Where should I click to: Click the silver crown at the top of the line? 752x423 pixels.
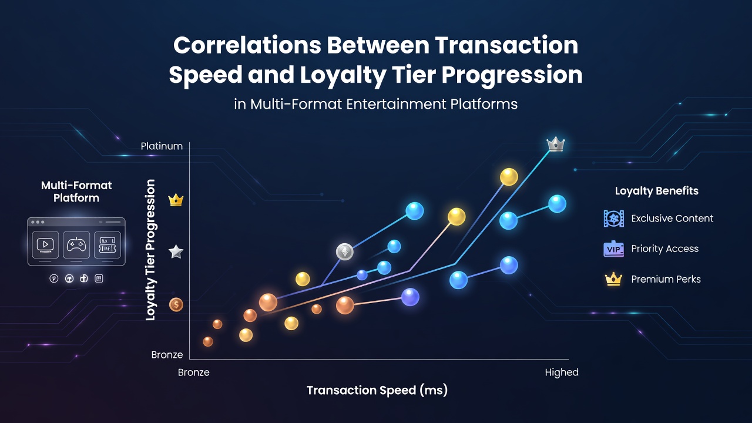[x=556, y=144]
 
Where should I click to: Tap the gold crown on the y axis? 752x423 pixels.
[x=176, y=200]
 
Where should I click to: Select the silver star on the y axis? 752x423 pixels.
[x=176, y=252]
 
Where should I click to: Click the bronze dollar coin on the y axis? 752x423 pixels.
[x=176, y=305]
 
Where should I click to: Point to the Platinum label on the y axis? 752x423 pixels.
[x=162, y=146]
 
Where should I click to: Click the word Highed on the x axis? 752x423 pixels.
[x=562, y=372]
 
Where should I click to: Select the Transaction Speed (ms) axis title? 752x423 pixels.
[x=377, y=390]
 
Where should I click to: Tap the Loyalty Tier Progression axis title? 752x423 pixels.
[x=150, y=250]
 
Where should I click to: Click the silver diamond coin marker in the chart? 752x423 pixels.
[x=345, y=252]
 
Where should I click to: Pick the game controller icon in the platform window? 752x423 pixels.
[x=76, y=245]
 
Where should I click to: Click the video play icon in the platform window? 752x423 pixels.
[x=45, y=245]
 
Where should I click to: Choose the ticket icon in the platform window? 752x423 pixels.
[x=108, y=245]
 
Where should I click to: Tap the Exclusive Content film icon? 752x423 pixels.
[x=614, y=219]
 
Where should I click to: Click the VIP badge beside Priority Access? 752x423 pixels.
[x=614, y=249]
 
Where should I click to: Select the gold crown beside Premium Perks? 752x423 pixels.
[x=613, y=279]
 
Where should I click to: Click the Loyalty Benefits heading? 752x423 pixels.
[x=657, y=191]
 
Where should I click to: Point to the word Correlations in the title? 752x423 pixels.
[x=247, y=45]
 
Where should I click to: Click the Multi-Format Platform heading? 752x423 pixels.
[x=76, y=192]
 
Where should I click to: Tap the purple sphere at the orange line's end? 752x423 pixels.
[x=410, y=297]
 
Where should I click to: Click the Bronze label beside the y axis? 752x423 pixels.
[x=167, y=355]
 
